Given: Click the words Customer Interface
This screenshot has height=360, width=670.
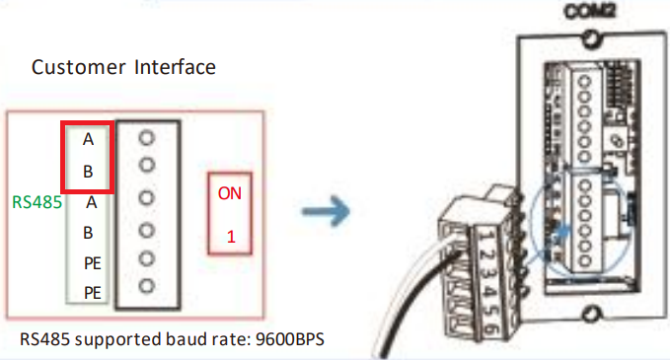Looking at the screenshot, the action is tap(123, 68).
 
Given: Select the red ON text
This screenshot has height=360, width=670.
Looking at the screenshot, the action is tap(229, 193).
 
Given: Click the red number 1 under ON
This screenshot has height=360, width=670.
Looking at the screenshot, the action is tap(230, 237).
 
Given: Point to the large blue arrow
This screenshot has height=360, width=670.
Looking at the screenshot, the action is tap(326, 210).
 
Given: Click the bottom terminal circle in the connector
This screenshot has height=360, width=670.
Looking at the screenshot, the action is tap(148, 287).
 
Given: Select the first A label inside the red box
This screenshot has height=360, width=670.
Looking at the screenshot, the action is tap(88, 140).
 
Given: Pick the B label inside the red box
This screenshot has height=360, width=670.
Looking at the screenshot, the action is tap(88, 171).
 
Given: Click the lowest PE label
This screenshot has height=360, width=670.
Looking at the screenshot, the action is tap(91, 292).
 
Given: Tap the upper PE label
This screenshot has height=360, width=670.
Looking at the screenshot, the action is tap(91, 263).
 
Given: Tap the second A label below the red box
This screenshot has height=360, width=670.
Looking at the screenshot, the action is tap(91, 203).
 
